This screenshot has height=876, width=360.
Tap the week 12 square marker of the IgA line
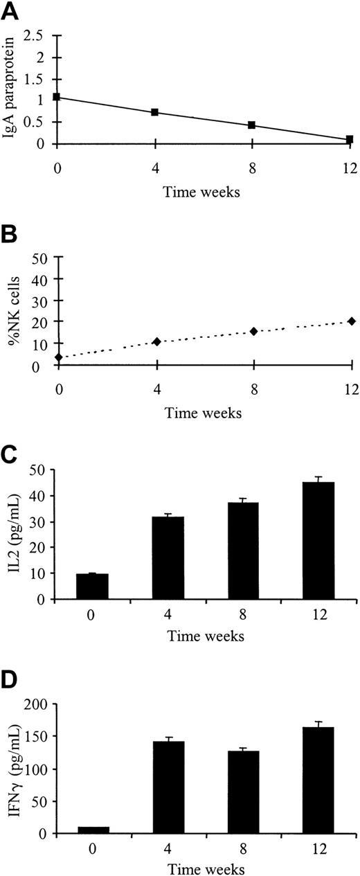[x=350, y=139]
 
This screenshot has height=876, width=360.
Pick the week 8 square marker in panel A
[x=252, y=125]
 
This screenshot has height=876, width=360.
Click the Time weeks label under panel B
[x=204, y=413]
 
